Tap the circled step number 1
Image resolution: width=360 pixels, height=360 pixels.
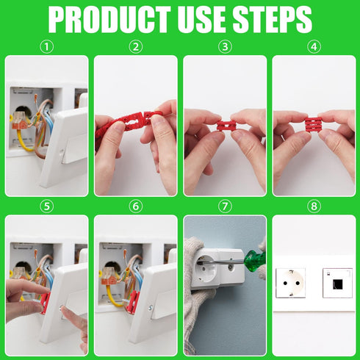click(x=46, y=46)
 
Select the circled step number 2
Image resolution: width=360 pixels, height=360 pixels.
click(x=135, y=46)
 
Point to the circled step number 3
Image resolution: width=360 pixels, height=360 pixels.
click(x=225, y=46)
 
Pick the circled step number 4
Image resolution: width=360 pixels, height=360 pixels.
click(x=314, y=46)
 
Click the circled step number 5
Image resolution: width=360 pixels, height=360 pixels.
click(x=46, y=206)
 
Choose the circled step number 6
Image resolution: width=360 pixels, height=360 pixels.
click(x=135, y=206)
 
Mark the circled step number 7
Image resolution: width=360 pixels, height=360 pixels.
click(x=225, y=206)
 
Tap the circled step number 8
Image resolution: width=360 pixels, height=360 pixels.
click(x=314, y=206)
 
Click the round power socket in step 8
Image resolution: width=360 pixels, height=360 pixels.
click(x=289, y=282)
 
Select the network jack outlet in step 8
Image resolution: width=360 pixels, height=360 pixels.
click(x=336, y=282)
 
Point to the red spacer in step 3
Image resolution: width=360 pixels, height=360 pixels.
click(x=224, y=126)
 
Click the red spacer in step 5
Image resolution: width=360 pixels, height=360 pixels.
click(x=45, y=303)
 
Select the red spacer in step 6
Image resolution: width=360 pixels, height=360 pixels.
click(x=133, y=301)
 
